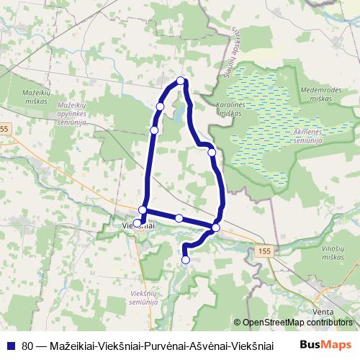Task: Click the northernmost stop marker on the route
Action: pyautogui.click(x=181, y=81)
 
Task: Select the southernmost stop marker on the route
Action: pyautogui.click(x=186, y=260)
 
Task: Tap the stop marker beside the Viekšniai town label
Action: pyautogui.click(x=138, y=223)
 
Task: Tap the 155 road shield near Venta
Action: pyautogui.click(x=263, y=248)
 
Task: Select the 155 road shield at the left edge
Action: pyautogui.click(x=5, y=128)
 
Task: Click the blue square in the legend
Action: pyautogui.click(x=9, y=344)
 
